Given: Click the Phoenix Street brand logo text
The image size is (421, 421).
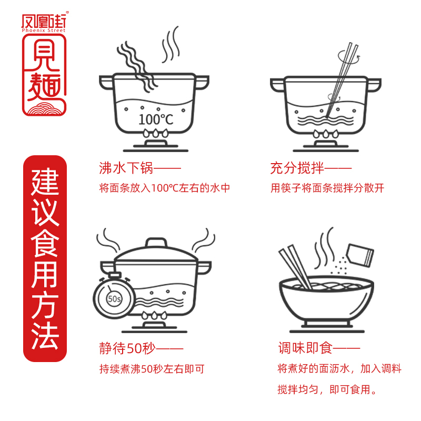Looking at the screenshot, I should tap(44, 24).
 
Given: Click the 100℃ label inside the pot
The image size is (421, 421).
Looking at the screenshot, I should tap(156, 119).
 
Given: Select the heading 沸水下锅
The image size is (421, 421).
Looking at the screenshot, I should tap(126, 168).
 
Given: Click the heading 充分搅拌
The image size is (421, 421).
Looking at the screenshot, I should tap(297, 168).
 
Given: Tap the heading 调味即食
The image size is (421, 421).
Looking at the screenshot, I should tap(305, 348).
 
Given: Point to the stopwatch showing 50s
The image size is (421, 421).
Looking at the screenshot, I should tap(113, 298).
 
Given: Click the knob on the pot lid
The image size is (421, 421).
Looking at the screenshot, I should tap(156, 243).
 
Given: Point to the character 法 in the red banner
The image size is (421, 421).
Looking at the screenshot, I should tap(45, 337).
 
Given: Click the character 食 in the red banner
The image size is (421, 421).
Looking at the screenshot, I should tap(45, 245).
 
